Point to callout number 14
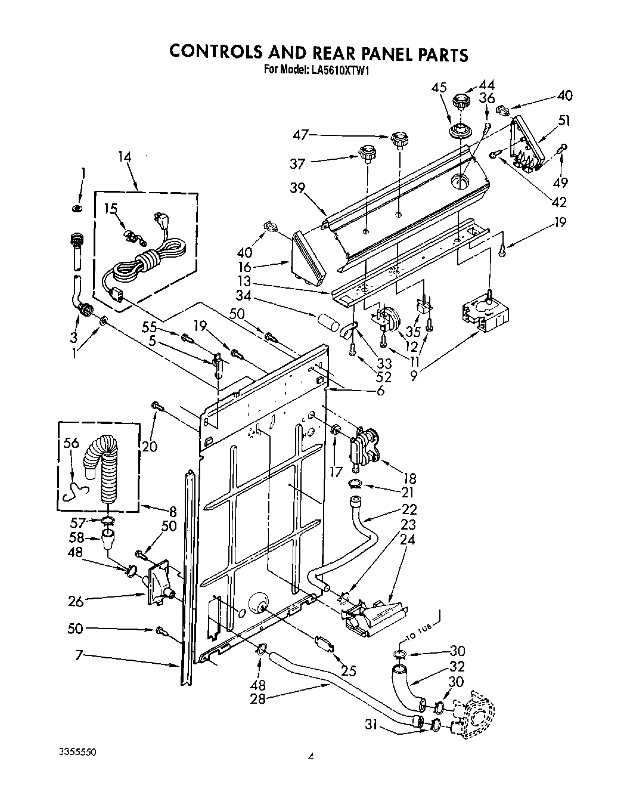pos(125,157)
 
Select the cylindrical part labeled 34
pos(326,327)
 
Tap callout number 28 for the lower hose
pos(257,699)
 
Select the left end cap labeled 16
pos(309,259)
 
